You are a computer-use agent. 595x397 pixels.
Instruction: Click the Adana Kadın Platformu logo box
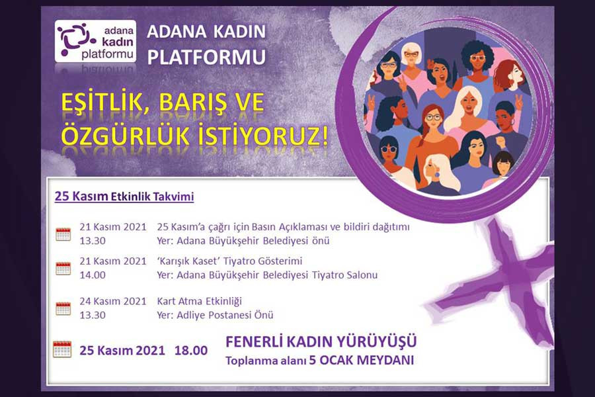(95, 41)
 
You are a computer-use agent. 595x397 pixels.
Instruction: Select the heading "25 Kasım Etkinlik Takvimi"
(124, 197)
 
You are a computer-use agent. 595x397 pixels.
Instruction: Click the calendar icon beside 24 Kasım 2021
(63, 308)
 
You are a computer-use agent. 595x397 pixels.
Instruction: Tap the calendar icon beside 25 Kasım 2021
(62, 349)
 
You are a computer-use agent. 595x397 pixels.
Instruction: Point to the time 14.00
(93, 275)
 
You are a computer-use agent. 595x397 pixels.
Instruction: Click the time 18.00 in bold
(191, 350)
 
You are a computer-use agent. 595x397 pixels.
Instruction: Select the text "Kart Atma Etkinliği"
(199, 301)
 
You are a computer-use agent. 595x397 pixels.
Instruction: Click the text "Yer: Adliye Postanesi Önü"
(215, 315)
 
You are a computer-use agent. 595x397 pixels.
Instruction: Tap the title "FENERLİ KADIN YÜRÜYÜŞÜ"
(321, 341)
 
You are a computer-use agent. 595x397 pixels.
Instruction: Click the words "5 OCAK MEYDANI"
(361, 360)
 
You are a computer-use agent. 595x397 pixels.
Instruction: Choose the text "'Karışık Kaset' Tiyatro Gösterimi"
(229, 261)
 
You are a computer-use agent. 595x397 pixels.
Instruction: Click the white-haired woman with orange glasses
(411, 65)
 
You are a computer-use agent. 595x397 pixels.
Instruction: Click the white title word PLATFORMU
(206, 57)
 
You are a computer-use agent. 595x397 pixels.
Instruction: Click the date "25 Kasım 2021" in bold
(122, 350)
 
